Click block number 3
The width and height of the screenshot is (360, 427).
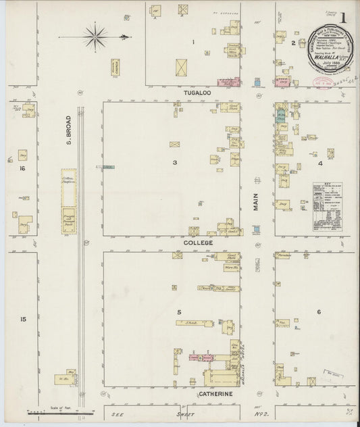coord(174,162)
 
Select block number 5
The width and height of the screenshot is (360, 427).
coord(178,312)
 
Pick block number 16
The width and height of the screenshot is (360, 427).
coord(22,168)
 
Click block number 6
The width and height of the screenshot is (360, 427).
coord(318,311)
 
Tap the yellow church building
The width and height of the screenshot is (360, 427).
coord(115,67)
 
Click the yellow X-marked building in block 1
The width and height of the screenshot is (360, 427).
coord(182,68)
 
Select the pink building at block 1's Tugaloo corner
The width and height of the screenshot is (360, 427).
coord(228,81)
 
